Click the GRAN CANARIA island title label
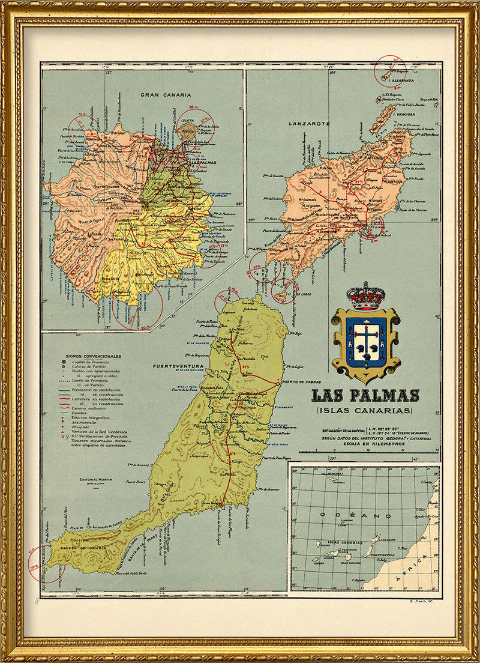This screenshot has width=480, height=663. click(x=166, y=94)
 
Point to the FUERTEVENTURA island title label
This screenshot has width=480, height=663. click(x=178, y=366)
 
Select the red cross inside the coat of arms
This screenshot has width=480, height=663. click(x=365, y=340)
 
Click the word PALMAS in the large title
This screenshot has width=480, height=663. click(x=388, y=395)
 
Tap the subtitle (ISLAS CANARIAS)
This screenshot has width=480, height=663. click(x=365, y=411)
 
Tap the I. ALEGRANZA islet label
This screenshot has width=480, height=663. click(x=402, y=80)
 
